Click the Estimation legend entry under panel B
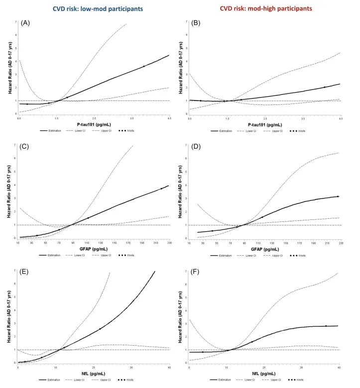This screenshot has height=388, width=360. tap(225, 130)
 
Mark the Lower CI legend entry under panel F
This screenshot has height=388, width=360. tap(262, 381)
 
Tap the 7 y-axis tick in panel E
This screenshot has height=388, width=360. tap(13, 272)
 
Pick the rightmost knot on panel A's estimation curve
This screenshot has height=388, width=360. tap(144, 66)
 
